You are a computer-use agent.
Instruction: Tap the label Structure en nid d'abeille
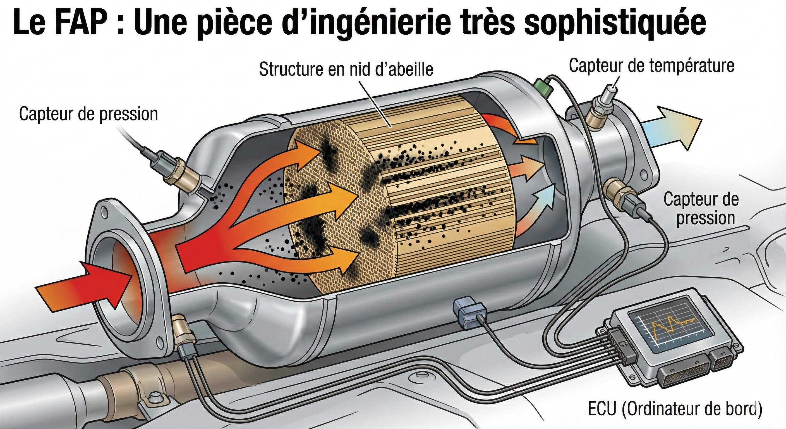click(x=346, y=70)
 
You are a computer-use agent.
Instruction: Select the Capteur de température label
click(x=651, y=66)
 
